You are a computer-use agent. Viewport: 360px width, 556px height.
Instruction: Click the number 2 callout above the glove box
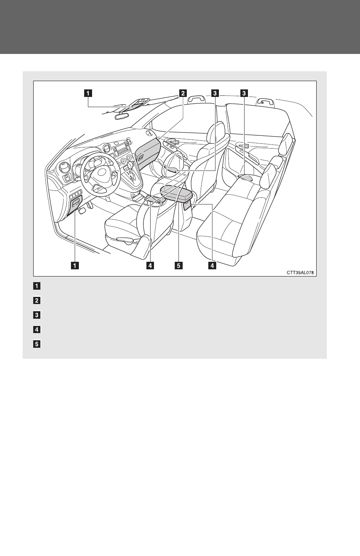(183, 93)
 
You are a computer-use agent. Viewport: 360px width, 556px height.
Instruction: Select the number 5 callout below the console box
(178, 265)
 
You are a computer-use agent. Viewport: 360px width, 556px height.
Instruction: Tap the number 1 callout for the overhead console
(88, 93)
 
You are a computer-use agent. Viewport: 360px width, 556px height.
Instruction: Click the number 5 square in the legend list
(37, 344)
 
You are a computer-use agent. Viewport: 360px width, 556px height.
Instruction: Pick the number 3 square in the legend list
(37, 315)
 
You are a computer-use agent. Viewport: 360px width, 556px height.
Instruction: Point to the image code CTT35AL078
(300, 273)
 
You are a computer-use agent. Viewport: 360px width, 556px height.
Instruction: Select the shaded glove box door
(147, 154)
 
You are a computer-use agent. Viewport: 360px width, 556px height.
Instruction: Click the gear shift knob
(130, 165)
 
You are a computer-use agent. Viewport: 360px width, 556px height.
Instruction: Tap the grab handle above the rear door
(265, 102)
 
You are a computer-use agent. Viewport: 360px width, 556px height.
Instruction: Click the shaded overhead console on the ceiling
(133, 107)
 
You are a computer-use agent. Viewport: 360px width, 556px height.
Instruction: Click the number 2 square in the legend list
(37, 300)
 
